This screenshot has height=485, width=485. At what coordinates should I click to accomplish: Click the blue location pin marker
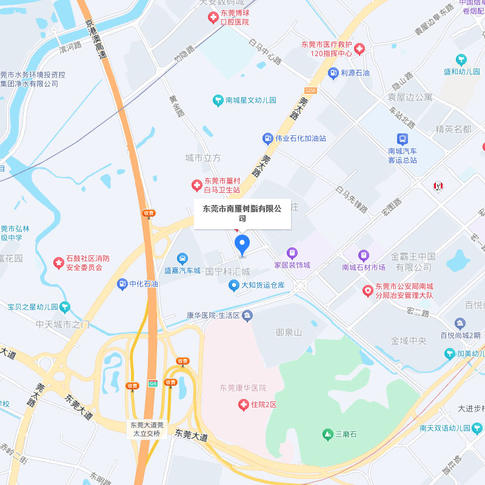(242, 244)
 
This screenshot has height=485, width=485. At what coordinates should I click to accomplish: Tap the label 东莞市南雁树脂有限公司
(242, 213)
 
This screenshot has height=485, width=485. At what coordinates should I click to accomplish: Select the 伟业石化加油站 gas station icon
(267, 138)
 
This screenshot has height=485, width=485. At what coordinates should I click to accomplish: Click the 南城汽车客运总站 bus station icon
(403, 139)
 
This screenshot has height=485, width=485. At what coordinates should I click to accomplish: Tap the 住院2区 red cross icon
(243, 404)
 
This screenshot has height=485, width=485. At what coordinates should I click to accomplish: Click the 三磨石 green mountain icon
(328, 434)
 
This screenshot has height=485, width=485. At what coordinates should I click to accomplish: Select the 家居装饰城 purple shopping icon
(292, 253)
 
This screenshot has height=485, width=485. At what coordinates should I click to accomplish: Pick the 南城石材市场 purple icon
(363, 255)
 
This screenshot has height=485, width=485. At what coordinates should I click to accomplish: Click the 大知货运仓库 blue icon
(233, 285)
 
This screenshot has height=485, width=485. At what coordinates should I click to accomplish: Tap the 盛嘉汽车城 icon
(182, 259)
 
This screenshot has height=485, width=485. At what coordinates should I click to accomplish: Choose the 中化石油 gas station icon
(122, 284)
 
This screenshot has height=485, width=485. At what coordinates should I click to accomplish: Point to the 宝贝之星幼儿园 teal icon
(65, 307)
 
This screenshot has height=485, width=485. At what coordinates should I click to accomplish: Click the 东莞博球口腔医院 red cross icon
(213, 18)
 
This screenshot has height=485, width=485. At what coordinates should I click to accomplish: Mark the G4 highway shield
(152, 383)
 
